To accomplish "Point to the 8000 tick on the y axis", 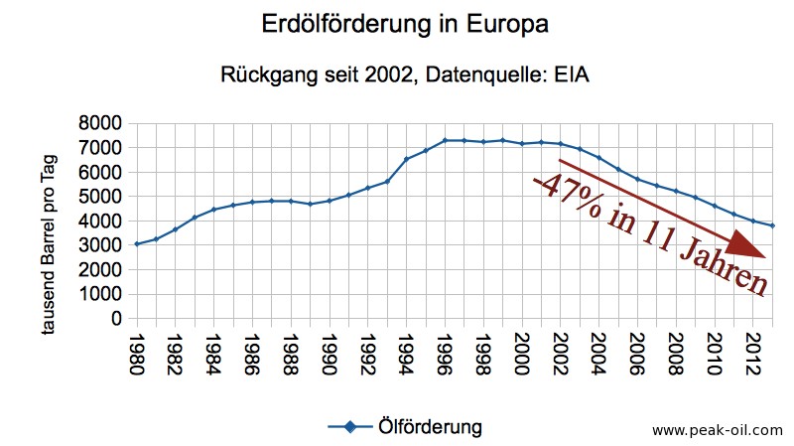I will (x=101, y=123).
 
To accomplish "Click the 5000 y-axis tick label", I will (x=101, y=197).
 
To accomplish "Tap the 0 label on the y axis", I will (x=115, y=319).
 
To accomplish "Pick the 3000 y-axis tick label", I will (x=101, y=245).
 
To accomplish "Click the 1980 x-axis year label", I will (x=137, y=353).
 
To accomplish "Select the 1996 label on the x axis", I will (x=445, y=353).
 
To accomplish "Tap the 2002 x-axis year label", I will (x=561, y=353).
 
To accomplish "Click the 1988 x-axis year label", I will (x=291, y=353).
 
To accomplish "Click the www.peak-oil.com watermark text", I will (x=717, y=431).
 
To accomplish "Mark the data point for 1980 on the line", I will (x=137, y=243).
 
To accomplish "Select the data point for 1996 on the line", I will (x=445, y=140).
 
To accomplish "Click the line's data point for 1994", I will (x=406, y=159).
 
